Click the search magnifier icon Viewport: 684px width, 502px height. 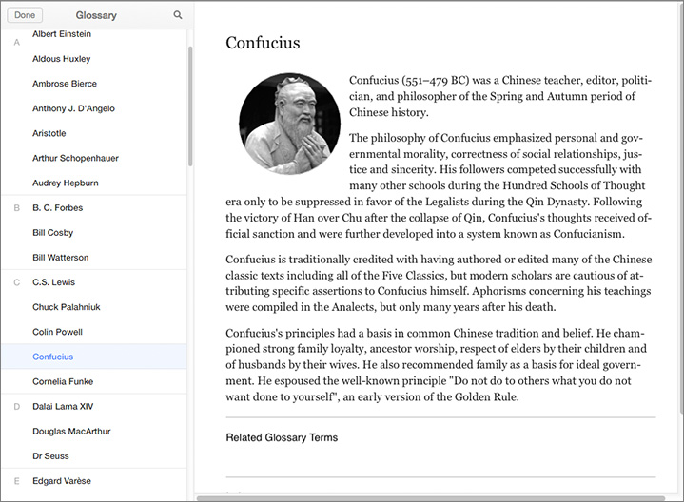click(178, 15)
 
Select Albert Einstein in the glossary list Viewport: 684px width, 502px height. click(62, 34)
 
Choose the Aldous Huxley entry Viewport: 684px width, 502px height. click(61, 59)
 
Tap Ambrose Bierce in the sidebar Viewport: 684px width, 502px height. click(65, 84)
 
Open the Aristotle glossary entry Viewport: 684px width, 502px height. click(49, 133)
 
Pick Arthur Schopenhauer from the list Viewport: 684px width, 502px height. click(75, 158)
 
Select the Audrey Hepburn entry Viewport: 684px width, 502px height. click(66, 183)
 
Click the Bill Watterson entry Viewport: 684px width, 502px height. click(60, 257)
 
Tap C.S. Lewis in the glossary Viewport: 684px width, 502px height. click(53, 282)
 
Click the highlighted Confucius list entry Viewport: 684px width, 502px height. click(53, 357)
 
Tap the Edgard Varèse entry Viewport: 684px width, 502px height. click(62, 480)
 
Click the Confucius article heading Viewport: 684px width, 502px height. click(263, 43)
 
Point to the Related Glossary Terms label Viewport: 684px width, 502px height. click(282, 437)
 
